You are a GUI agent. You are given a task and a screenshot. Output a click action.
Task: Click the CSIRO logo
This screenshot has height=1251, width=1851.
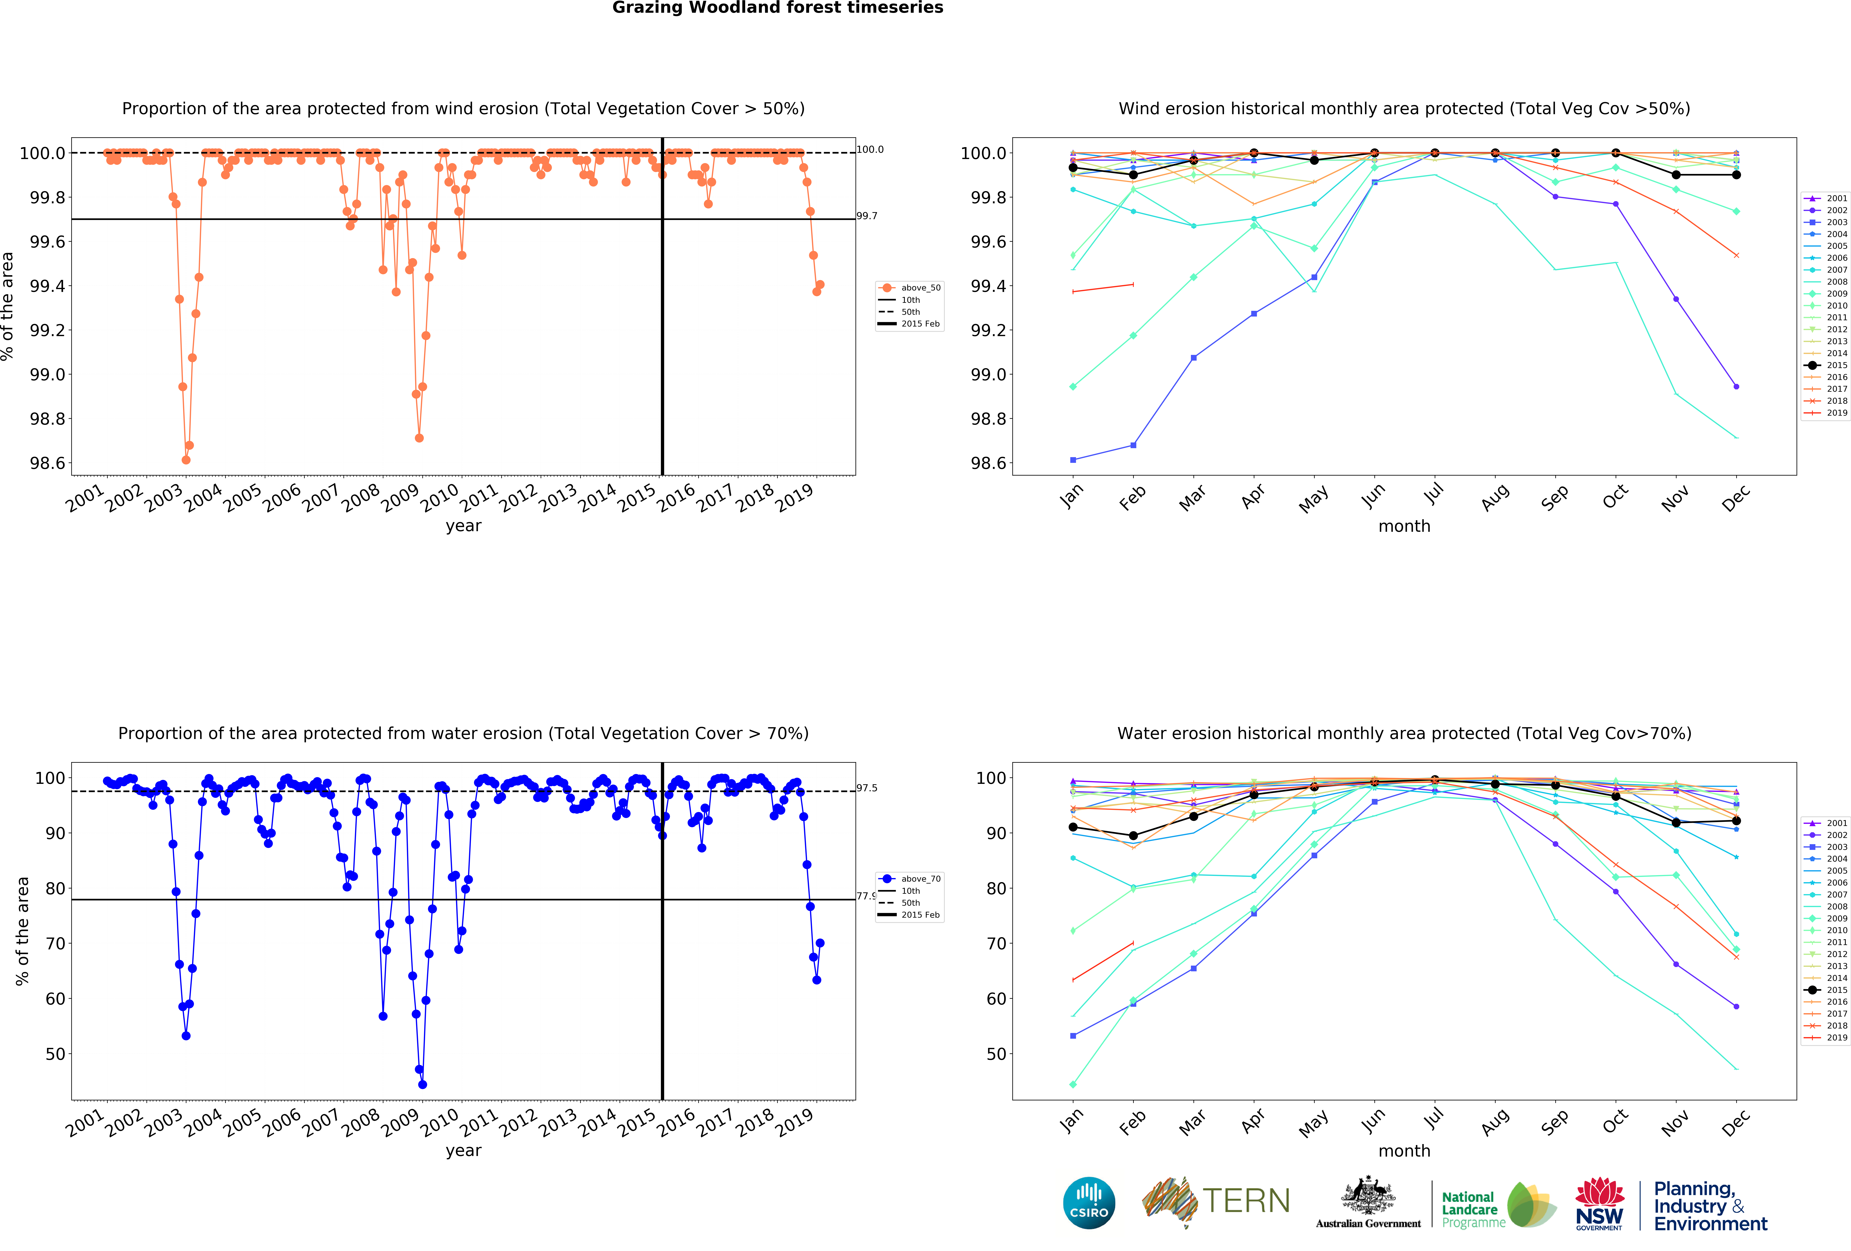(1089, 1202)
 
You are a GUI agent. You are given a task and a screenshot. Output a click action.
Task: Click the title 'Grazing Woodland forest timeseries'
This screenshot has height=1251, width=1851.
(777, 8)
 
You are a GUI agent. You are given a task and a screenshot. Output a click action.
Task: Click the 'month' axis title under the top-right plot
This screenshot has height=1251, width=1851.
(1404, 526)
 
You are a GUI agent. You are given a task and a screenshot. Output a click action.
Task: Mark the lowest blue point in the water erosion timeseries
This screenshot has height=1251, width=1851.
(422, 1085)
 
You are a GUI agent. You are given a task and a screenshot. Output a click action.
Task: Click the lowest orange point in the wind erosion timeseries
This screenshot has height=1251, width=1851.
(186, 460)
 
